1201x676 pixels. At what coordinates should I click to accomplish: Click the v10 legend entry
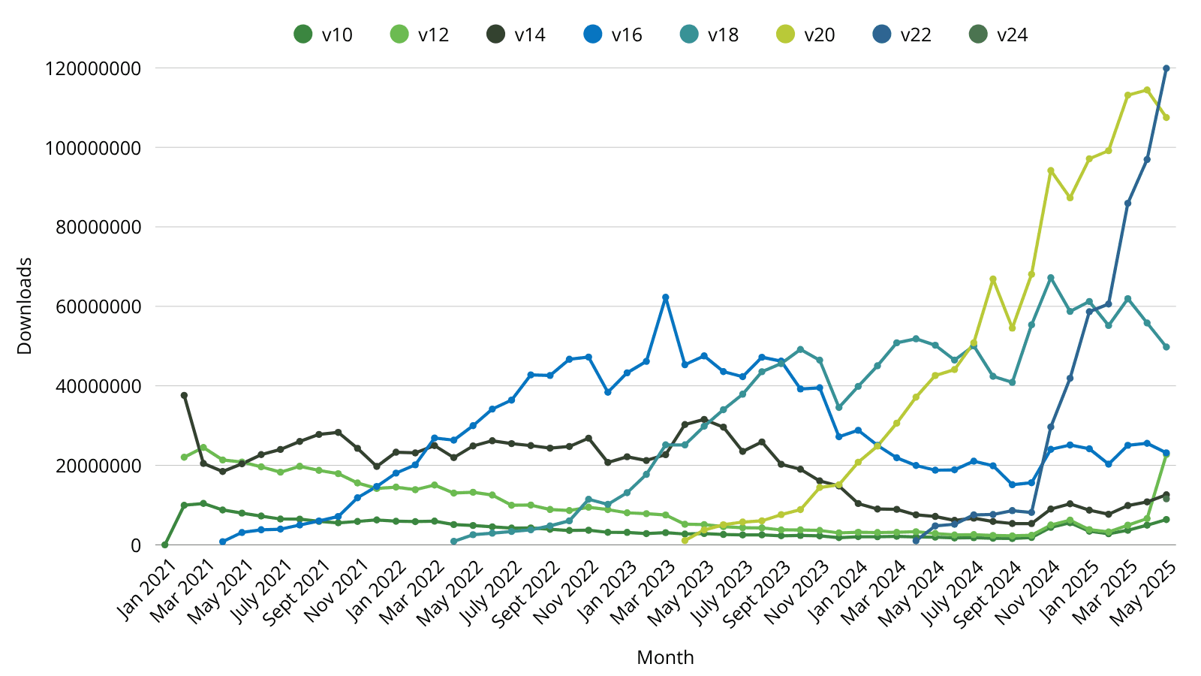(323, 35)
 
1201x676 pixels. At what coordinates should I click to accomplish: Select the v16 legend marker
(593, 35)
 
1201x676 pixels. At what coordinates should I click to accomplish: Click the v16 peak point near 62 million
(665, 297)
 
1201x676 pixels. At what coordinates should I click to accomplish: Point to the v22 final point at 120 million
(1166, 68)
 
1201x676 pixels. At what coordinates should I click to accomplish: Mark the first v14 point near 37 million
(184, 395)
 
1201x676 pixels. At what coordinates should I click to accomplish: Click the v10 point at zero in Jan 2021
(164, 545)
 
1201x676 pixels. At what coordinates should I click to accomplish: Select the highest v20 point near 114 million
(1147, 90)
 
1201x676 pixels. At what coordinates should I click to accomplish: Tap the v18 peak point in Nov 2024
(1051, 278)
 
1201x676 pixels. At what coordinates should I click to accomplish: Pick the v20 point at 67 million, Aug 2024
(992, 279)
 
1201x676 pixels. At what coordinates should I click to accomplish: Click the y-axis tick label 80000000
(98, 227)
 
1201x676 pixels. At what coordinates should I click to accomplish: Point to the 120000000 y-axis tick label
(93, 68)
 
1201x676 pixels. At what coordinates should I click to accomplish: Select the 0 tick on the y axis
(135, 545)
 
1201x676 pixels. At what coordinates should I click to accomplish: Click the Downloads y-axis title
(25, 306)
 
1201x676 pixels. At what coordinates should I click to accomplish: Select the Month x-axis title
(665, 657)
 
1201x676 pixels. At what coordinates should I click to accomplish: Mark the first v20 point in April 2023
(685, 540)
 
